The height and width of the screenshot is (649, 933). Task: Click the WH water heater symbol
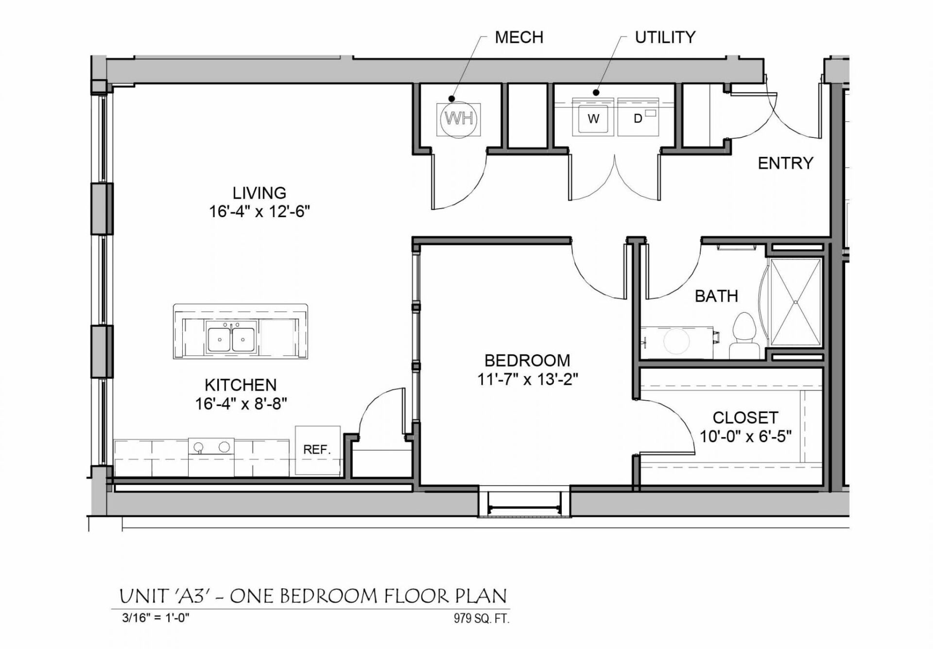(459, 119)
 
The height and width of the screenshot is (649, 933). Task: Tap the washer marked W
(593, 118)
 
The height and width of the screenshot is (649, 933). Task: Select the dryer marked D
(638, 118)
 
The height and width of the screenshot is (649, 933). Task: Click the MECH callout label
(518, 37)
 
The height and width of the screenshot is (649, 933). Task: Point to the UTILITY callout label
(665, 37)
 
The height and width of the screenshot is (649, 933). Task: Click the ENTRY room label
(785, 163)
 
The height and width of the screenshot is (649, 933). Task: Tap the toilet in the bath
(744, 336)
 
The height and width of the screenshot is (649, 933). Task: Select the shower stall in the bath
(795, 302)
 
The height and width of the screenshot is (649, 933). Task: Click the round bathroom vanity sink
(676, 341)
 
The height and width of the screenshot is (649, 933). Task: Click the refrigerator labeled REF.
(317, 450)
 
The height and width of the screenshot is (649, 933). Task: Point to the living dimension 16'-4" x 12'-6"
(259, 212)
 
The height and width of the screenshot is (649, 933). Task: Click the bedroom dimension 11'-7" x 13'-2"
(527, 379)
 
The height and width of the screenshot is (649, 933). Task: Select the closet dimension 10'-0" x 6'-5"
(745, 436)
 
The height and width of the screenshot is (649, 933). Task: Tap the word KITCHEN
(241, 385)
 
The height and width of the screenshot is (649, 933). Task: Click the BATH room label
(716, 296)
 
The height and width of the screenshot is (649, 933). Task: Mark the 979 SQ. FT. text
(482, 618)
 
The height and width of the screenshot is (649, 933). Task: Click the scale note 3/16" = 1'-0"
(155, 618)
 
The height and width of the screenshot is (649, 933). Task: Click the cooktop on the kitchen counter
(211, 447)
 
